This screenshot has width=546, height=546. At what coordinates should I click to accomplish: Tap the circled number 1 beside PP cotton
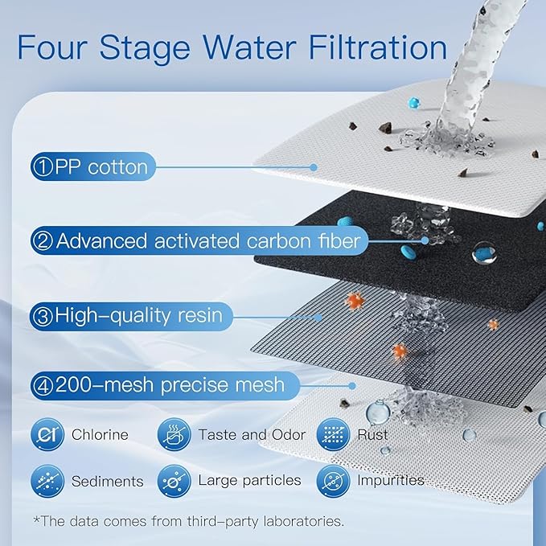tap(43, 167)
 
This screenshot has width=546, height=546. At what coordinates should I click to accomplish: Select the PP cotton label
tap(101, 167)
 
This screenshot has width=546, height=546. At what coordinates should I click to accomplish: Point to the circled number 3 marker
tap(43, 316)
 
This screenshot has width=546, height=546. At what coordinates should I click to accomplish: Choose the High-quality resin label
tap(138, 316)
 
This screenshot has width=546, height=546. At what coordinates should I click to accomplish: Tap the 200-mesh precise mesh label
tap(169, 385)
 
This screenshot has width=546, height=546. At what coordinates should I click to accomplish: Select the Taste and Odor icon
tap(173, 435)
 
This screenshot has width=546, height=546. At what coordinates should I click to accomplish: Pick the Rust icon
tap(331, 435)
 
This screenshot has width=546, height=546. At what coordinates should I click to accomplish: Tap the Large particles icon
tap(173, 481)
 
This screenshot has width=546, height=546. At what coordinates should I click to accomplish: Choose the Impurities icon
tap(331, 481)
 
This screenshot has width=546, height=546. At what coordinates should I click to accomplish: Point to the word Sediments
tap(107, 482)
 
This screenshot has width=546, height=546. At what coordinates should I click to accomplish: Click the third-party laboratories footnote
tap(188, 521)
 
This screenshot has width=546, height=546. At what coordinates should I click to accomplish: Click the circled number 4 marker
tap(43, 385)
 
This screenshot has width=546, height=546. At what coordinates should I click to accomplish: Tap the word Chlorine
tap(100, 435)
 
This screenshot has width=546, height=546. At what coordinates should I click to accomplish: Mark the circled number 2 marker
tap(43, 240)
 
